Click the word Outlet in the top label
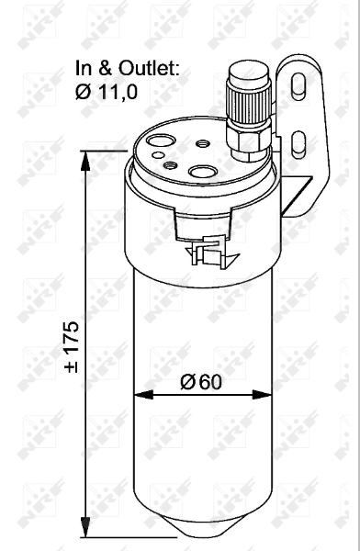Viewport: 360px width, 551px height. click(x=149, y=68)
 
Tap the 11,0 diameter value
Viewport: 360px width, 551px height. click(x=118, y=92)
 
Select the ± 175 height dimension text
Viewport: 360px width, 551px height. click(x=72, y=346)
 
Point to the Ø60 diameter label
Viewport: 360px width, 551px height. click(x=201, y=382)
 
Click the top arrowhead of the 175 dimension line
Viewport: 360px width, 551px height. click(x=85, y=161)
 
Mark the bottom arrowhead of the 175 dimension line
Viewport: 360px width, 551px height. click(x=85, y=527)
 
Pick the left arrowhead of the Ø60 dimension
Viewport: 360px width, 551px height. click(x=144, y=395)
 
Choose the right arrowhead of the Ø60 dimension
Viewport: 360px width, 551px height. click(x=262, y=395)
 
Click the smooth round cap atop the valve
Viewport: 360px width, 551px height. click(x=248, y=72)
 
